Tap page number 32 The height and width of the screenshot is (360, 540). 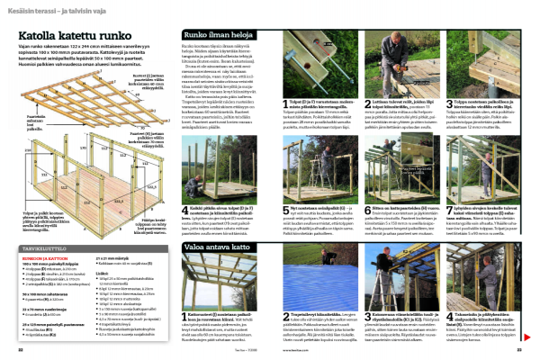(19, 349)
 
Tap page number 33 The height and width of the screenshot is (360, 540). (519, 349)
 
